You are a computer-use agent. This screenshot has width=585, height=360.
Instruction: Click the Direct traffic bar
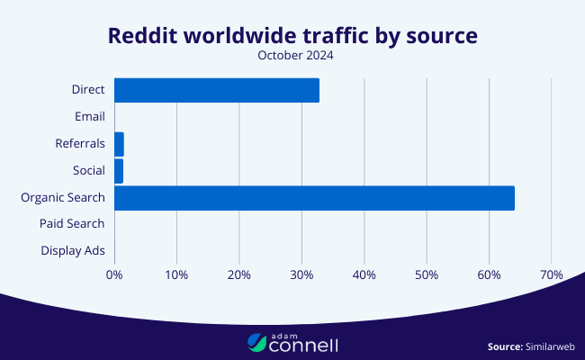click(217, 90)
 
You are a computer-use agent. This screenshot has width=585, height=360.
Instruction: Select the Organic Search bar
click(314, 197)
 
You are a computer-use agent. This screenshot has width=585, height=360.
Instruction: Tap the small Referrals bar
click(119, 144)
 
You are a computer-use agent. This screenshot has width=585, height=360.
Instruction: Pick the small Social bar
click(119, 170)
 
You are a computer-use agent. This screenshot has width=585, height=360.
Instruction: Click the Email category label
click(90, 116)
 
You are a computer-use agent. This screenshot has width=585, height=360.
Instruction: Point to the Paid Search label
click(72, 223)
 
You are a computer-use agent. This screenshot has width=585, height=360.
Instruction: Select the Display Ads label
click(73, 250)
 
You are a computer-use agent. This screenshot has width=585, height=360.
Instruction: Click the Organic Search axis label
click(63, 197)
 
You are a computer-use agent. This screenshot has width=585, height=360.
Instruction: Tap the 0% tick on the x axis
click(114, 274)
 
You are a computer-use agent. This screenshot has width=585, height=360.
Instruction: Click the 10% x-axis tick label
click(176, 274)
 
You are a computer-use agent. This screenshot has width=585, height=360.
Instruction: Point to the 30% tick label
click(301, 274)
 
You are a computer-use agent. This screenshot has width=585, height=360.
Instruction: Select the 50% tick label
click(427, 274)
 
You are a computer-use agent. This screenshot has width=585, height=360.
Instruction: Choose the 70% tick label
click(551, 274)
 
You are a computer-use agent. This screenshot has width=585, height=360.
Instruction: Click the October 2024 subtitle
click(292, 56)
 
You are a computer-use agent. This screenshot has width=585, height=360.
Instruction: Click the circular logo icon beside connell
click(258, 342)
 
